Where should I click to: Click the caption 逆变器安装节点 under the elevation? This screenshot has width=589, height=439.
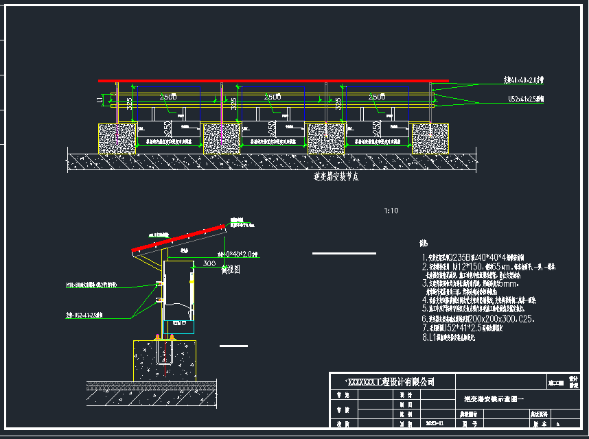pos(336,177)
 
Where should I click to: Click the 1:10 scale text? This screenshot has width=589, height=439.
pos(391,211)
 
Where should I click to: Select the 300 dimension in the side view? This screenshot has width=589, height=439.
pos(209,263)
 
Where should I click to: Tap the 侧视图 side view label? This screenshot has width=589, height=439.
pos(212,271)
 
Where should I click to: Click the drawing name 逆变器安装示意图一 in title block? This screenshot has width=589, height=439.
pos(494,399)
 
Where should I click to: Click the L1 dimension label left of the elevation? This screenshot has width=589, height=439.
pos(100,100)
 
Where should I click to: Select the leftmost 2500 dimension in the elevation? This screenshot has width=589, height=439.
pos(168,97)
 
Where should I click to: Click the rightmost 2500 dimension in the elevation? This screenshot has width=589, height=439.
pos(377,97)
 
